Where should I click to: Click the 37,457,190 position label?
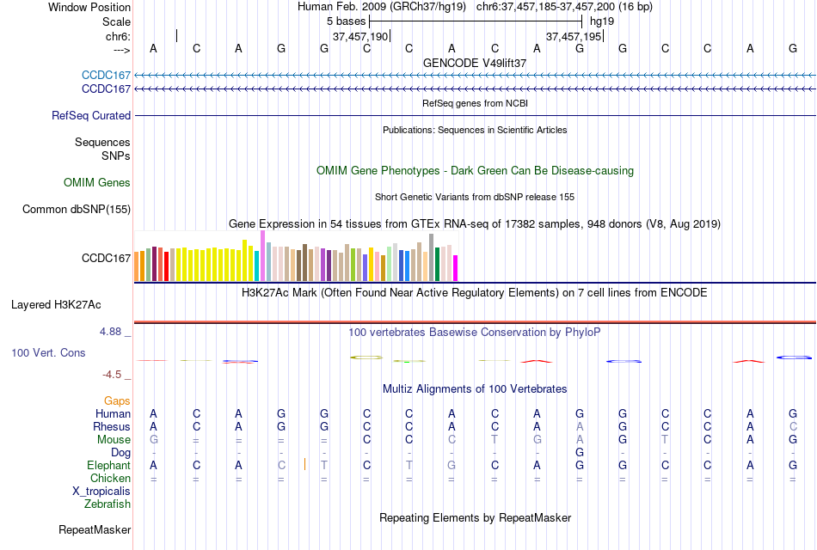(x=360, y=36)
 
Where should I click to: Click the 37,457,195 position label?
(x=574, y=36)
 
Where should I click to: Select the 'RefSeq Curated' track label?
(x=91, y=115)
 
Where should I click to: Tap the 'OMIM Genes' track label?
(x=97, y=182)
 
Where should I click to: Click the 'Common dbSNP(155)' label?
(x=77, y=209)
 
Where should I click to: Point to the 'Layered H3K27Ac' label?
(x=56, y=304)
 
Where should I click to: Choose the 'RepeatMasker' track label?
(x=95, y=529)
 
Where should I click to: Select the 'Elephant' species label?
(x=107, y=465)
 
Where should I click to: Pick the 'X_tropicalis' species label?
(x=101, y=492)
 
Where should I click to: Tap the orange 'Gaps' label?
(x=117, y=400)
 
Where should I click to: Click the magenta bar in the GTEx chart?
(x=455, y=268)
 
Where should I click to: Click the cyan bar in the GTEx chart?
(x=257, y=266)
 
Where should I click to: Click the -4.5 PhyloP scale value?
(x=113, y=375)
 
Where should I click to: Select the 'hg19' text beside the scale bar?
(x=602, y=21)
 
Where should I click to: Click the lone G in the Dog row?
(x=580, y=452)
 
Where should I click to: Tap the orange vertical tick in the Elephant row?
(x=304, y=465)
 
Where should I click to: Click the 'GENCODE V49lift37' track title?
(x=475, y=63)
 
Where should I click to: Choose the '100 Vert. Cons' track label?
(x=48, y=352)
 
